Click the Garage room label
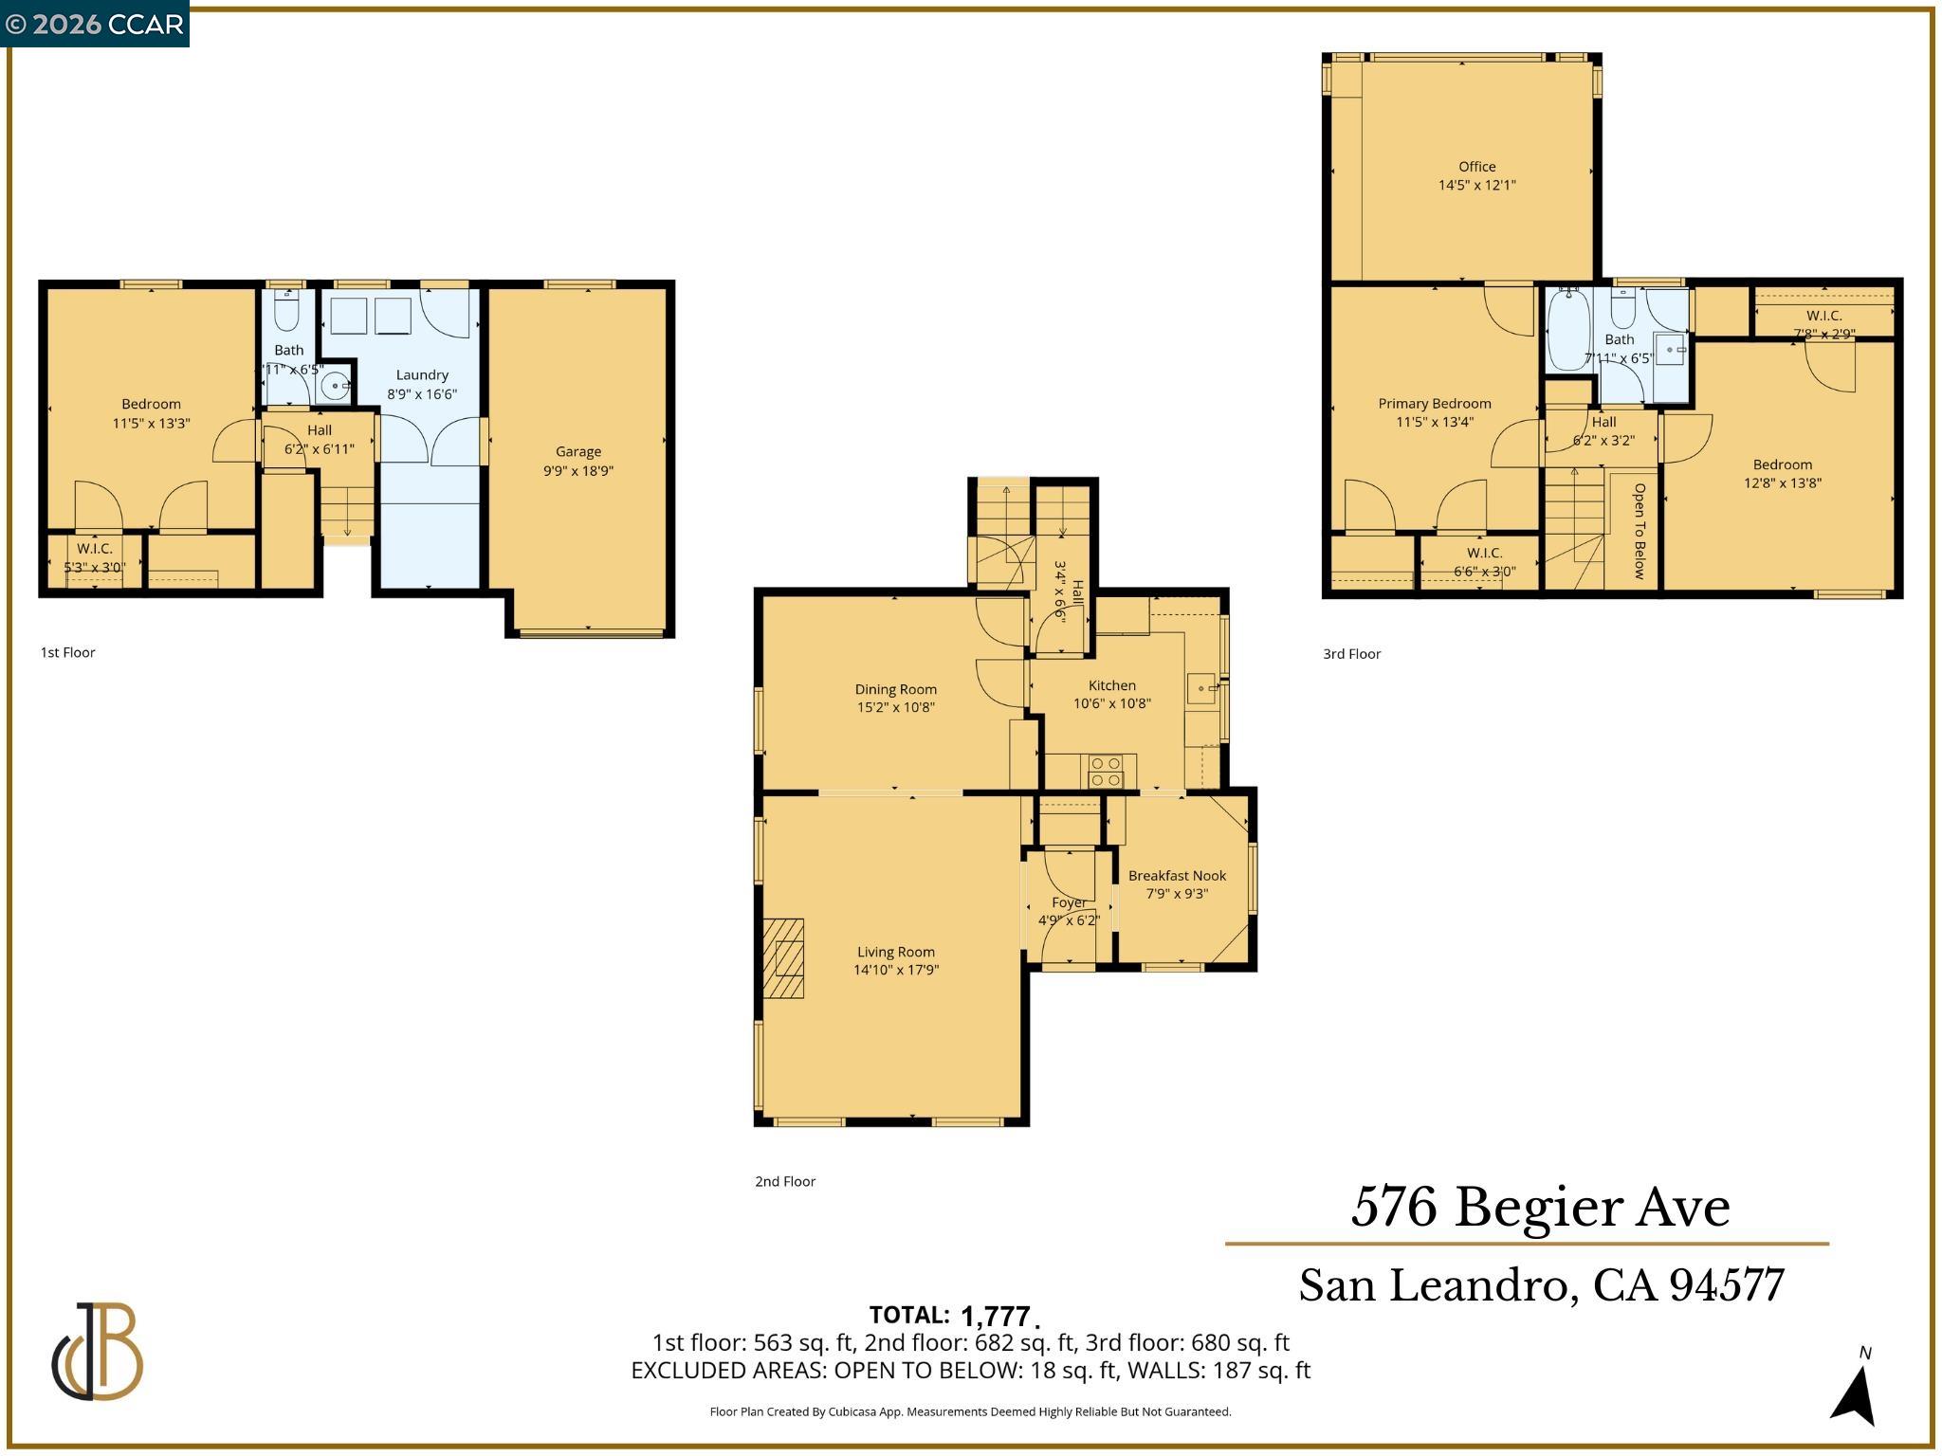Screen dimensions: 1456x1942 click(x=577, y=451)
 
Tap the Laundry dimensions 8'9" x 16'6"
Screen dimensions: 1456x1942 click(x=422, y=394)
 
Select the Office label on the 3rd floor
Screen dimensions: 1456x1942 click(x=1476, y=167)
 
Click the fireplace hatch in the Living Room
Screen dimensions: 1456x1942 click(x=784, y=957)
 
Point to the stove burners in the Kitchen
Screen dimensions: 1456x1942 click(x=1105, y=772)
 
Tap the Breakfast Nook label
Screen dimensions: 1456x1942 click(x=1177, y=876)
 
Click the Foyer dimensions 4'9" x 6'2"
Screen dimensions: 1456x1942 click(x=1069, y=920)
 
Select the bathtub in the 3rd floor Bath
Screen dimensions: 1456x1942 click(x=1567, y=330)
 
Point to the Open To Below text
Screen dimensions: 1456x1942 click(x=1639, y=531)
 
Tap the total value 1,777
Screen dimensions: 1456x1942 click(x=995, y=1317)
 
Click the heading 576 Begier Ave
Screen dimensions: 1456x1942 click(x=1540, y=1208)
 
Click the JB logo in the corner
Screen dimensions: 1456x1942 click(x=97, y=1351)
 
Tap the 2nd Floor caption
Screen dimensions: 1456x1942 click(x=785, y=1181)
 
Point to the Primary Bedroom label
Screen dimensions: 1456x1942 click(x=1434, y=404)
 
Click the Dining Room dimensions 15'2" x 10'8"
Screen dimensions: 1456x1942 click(x=895, y=707)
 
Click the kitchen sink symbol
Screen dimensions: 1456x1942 click(x=1202, y=687)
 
